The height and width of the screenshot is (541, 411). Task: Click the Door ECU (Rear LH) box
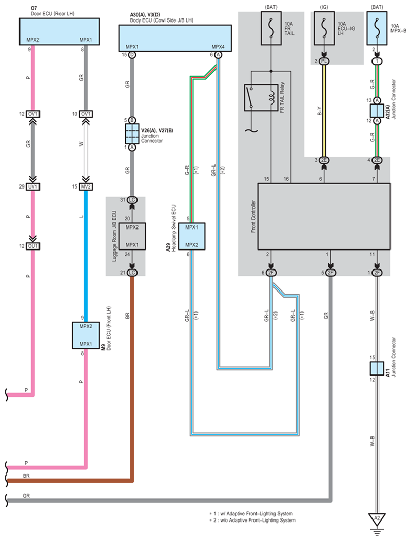(x=59, y=31)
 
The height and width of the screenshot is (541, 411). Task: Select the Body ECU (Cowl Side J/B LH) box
(x=175, y=38)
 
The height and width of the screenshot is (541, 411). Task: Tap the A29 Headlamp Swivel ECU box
(x=192, y=236)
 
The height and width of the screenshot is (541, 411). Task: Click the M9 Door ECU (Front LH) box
(x=85, y=335)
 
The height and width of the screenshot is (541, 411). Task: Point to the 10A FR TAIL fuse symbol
(x=271, y=28)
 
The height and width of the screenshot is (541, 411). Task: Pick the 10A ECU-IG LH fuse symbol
(x=324, y=28)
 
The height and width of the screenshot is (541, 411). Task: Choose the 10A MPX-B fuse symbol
(x=377, y=28)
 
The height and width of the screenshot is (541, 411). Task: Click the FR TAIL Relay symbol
(x=261, y=97)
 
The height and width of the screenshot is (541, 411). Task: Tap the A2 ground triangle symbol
(x=377, y=520)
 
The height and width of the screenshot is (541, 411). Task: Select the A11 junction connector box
(x=377, y=368)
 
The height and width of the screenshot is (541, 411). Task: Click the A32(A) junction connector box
(x=377, y=111)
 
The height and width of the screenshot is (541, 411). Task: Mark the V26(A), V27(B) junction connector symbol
(x=132, y=134)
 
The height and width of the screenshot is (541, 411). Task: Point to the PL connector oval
(x=324, y=61)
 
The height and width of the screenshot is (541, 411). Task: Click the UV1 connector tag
(x=33, y=186)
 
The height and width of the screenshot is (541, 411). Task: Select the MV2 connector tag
(x=86, y=186)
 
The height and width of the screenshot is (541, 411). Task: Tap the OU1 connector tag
(x=33, y=246)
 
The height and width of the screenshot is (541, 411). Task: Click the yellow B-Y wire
(x=324, y=111)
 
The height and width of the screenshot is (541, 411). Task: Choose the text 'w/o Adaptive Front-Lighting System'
(x=262, y=521)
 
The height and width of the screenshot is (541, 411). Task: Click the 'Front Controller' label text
(x=253, y=216)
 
